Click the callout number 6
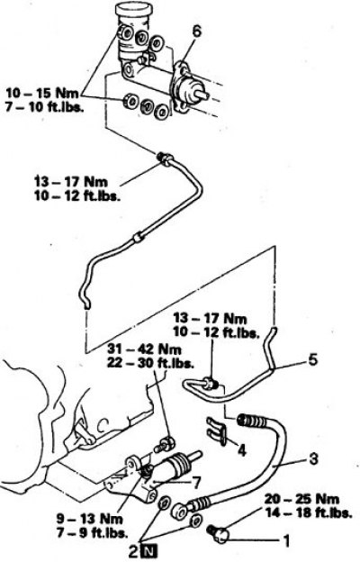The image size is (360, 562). (x=196, y=32)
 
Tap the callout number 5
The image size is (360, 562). (x=312, y=360)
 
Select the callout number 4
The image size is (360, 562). (x=242, y=450)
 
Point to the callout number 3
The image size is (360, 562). (x=313, y=458)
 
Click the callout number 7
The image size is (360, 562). (x=196, y=483)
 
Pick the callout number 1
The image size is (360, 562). (x=286, y=541)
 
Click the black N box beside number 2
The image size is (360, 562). (x=149, y=552)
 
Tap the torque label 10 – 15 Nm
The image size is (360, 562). (x=42, y=93)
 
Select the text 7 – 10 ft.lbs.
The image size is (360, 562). (x=44, y=107)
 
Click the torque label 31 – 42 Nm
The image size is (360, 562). (x=144, y=349)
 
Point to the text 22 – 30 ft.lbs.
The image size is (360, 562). (x=150, y=363)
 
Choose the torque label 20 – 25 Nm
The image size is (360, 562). (x=301, y=499)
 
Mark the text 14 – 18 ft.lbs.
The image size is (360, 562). (x=308, y=512)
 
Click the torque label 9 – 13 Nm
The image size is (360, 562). (x=90, y=518)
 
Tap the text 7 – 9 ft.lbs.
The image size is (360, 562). (x=92, y=532)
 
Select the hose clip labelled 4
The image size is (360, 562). (x=216, y=431)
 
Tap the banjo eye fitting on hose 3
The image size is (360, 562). (x=180, y=511)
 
